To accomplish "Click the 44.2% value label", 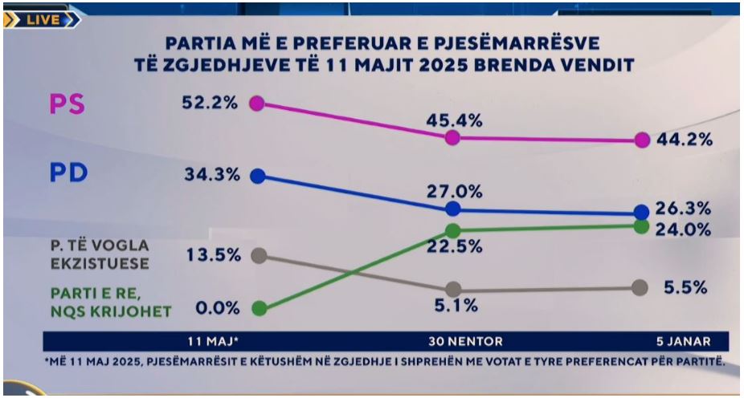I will coord(685,140).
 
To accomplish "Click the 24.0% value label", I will coord(685,229).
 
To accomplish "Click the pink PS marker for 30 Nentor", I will coord(452,137).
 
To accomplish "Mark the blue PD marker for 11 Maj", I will coord(257,176).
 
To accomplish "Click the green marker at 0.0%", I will coord(258,308).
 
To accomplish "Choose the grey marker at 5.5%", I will coord(640,286).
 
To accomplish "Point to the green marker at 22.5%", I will coord(452,231).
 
